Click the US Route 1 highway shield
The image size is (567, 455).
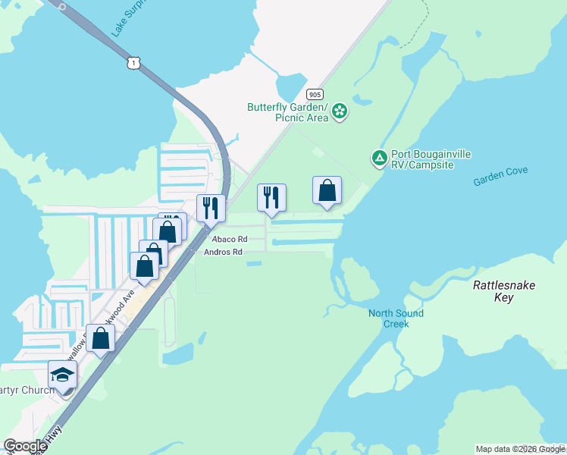click(133, 64)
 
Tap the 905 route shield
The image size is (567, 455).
click(315, 94)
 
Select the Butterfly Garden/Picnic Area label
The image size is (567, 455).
click(288, 112)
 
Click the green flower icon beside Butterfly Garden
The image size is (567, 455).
click(340, 112)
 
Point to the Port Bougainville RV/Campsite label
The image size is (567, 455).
click(432, 159)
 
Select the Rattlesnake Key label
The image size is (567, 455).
click(504, 291)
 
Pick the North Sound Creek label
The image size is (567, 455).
click(396, 318)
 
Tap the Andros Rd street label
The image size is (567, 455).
click(224, 252)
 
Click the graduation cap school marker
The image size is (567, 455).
click(63, 374)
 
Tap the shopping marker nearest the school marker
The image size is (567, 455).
click(100, 338)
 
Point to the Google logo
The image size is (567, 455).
click(25, 446)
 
